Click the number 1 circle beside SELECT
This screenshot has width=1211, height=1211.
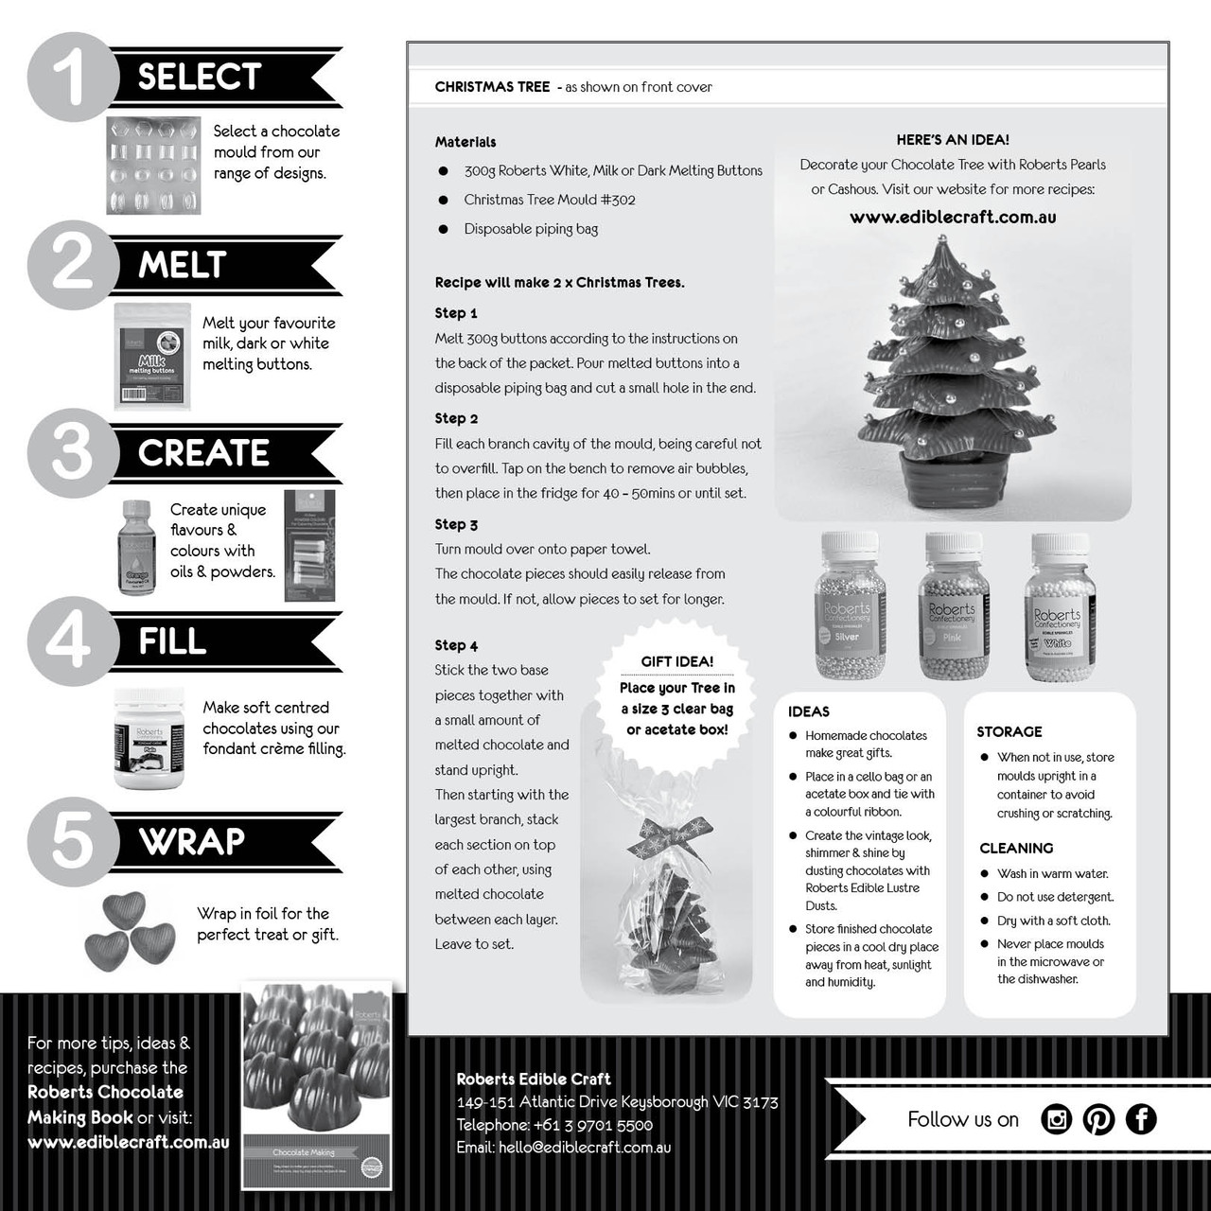point(72,77)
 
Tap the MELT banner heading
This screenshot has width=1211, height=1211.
point(183,265)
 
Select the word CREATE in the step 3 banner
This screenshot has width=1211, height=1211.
point(203,453)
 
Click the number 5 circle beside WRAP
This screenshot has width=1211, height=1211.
point(72,840)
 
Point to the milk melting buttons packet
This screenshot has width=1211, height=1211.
point(151,356)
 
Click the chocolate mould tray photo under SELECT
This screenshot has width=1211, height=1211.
point(153,165)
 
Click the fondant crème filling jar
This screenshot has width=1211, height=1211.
point(149,738)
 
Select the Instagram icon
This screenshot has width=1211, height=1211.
point(1056,1119)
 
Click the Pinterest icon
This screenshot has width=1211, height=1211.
point(1098,1119)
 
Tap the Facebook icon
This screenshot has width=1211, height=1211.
point(1141,1119)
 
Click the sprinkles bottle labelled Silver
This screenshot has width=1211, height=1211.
point(847,605)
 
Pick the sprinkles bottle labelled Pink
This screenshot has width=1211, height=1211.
point(952,605)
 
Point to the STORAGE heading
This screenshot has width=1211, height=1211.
point(1009,732)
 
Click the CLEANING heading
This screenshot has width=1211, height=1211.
point(1016,849)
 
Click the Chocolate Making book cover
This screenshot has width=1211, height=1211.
point(317,1084)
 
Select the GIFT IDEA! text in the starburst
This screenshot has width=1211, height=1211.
point(677,662)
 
